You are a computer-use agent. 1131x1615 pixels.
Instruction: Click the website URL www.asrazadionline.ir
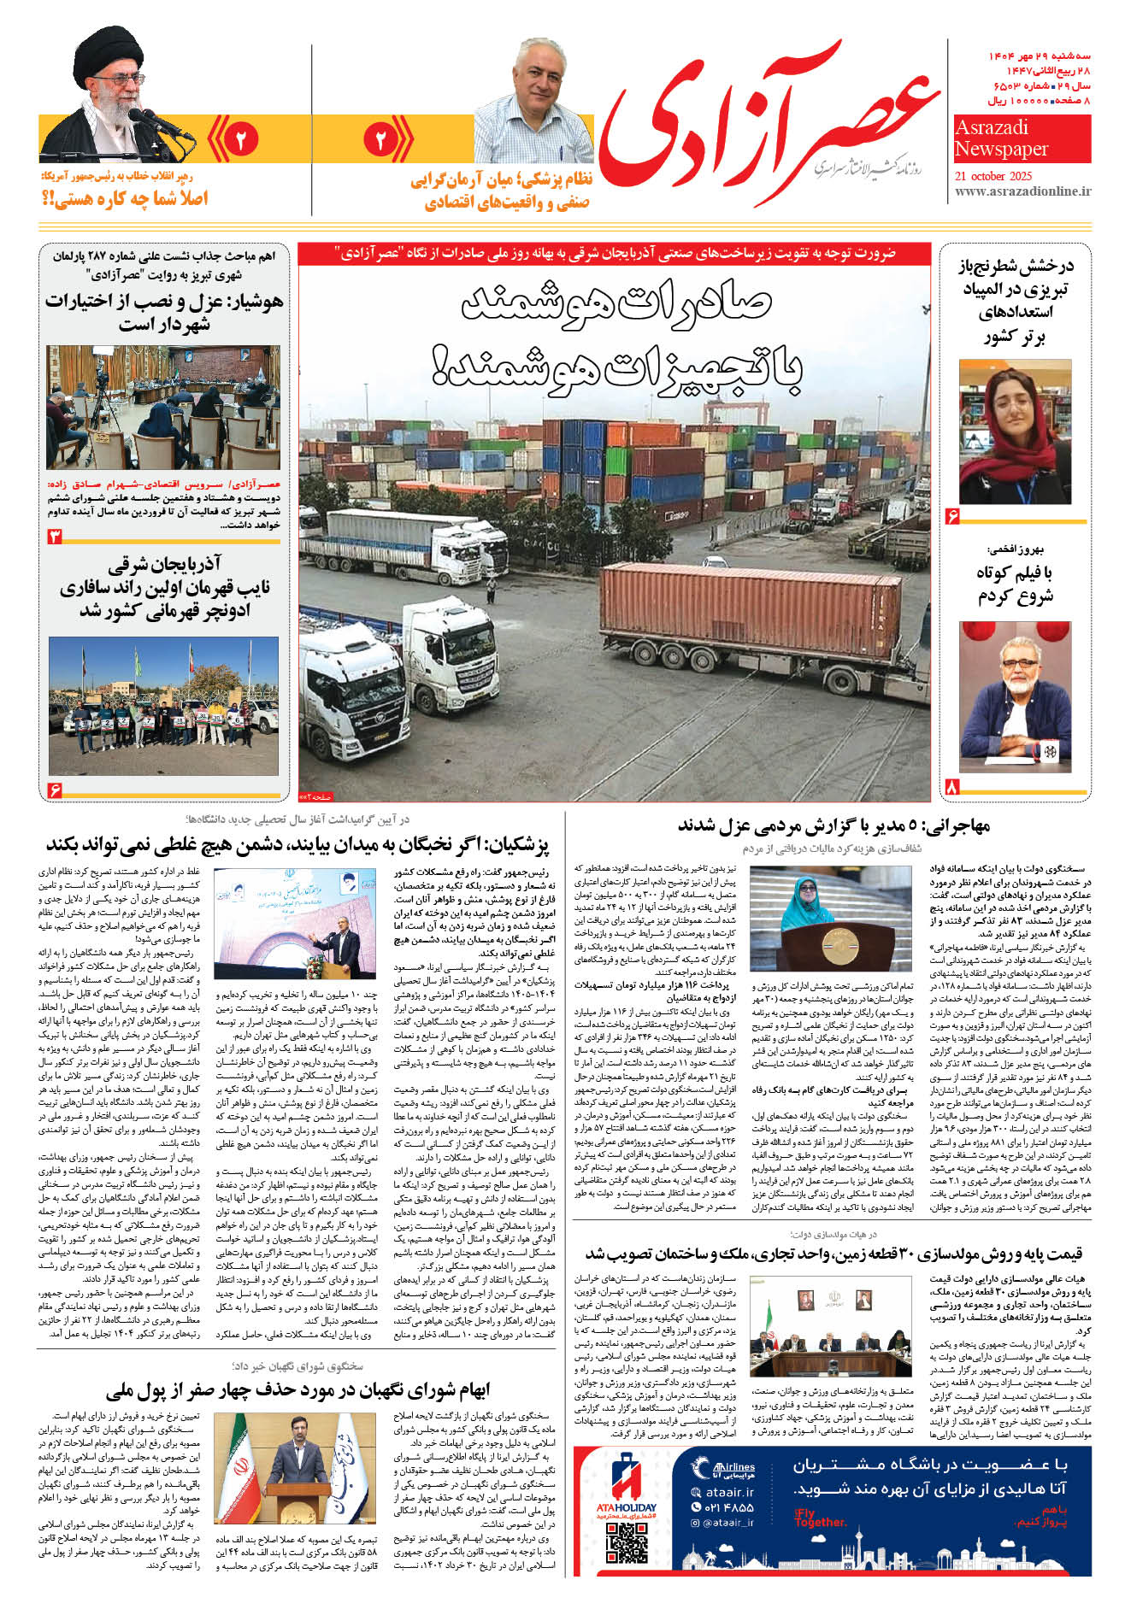[x=1022, y=191]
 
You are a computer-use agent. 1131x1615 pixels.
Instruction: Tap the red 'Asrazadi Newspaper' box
[x=1022, y=138]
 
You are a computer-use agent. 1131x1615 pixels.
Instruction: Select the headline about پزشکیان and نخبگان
[x=297, y=845]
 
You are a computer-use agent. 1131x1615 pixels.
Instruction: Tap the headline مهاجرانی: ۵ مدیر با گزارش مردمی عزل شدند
[x=834, y=825]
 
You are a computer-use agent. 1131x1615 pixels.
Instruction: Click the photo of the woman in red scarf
[x=1015, y=432]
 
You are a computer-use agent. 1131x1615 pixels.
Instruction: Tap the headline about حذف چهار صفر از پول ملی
[x=297, y=1389]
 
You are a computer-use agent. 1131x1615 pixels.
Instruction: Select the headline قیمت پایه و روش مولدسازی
[x=834, y=1254]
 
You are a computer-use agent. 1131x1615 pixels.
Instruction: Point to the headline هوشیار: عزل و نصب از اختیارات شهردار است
[x=162, y=312]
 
